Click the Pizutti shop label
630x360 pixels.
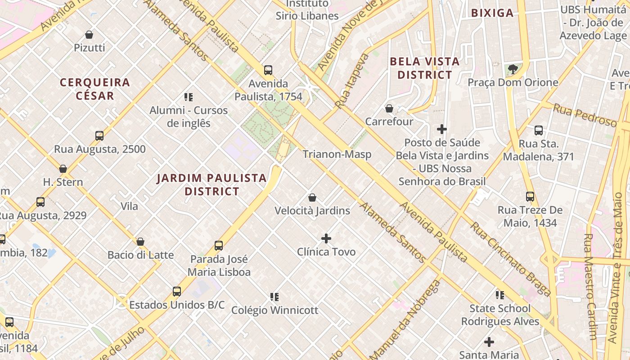(89, 48)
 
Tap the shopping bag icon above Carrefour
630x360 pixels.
(389, 108)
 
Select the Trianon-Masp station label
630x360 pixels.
(337, 154)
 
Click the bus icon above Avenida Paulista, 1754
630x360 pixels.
(268, 70)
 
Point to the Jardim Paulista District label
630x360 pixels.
(211, 184)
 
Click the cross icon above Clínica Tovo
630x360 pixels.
(326, 238)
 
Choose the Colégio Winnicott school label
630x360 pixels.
(274, 310)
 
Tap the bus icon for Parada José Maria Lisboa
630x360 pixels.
(219, 246)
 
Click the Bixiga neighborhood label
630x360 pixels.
(492, 13)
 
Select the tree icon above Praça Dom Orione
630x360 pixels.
(513, 69)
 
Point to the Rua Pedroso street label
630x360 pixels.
(585, 115)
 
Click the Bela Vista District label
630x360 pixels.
(424, 68)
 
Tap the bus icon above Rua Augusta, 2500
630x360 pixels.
(99, 136)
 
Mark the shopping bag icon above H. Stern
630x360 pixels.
(63, 169)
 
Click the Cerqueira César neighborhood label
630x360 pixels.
(95, 89)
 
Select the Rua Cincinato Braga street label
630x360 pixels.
(510, 259)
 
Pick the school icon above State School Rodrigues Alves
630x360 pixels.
(500, 295)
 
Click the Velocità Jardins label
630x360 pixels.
(312, 211)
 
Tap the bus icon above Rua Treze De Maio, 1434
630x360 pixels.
(530, 197)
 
